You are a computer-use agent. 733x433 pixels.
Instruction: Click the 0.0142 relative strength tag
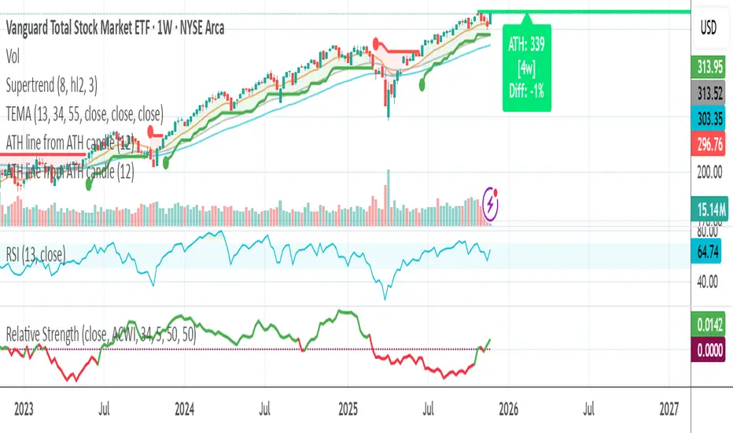coord(711,324)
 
